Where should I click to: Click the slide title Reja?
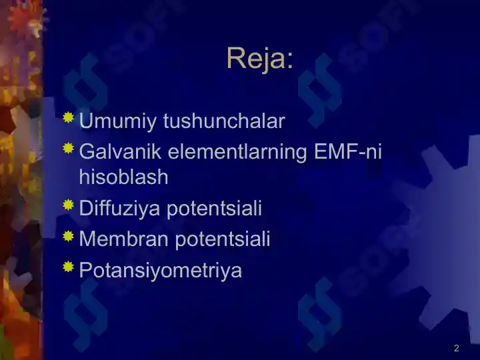click(x=260, y=59)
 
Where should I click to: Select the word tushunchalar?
click(x=224, y=121)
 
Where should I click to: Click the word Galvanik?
click(x=120, y=151)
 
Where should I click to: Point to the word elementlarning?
click(x=237, y=152)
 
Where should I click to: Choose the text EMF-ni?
click(x=348, y=151)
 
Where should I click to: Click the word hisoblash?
click(x=124, y=177)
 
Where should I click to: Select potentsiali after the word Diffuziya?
click(x=214, y=209)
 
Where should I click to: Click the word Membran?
click(x=124, y=239)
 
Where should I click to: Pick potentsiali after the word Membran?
click(x=223, y=239)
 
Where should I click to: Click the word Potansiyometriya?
click(x=161, y=271)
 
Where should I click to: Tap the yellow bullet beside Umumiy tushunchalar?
click(x=68, y=117)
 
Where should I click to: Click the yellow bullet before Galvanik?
click(x=68, y=148)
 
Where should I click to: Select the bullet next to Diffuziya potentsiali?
click(x=68, y=205)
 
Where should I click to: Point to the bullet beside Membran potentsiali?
click(x=68, y=236)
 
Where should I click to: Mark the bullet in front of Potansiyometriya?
click(x=68, y=266)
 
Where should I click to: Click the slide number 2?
click(x=457, y=348)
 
